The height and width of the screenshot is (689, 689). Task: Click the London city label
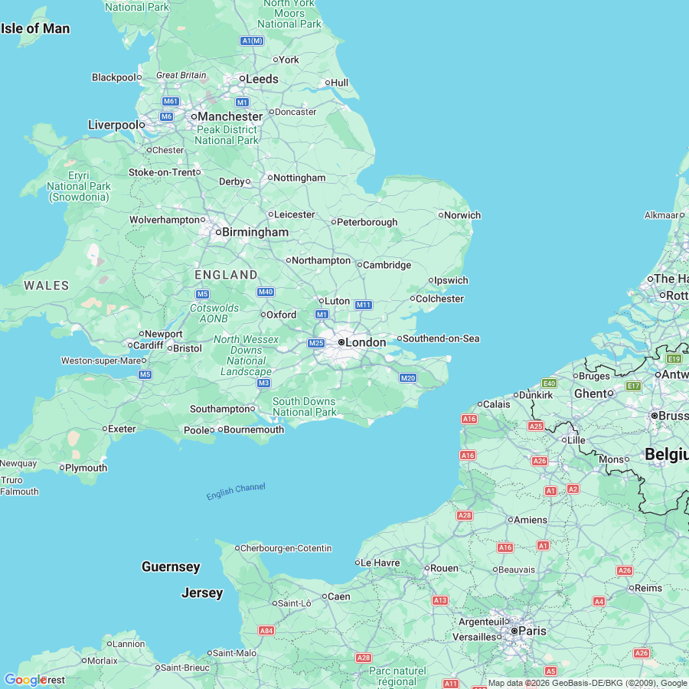pyautogui.click(x=365, y=342)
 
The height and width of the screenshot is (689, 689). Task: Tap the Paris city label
pyautogui.click(x=532, y=631)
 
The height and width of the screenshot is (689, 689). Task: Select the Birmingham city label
pyautogui.click(x=255, y=232)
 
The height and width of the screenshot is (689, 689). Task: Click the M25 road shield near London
pyautogui.click(x=316, y=343)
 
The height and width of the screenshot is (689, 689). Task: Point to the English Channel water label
pyautogui.click(x=236, y=491)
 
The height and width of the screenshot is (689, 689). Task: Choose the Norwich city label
pyautogui.click(x=462, y=215)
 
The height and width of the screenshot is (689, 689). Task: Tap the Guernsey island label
pyautogui.click(x=171, y=567)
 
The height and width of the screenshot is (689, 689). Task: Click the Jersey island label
pyautogui.click(x=202, y=593)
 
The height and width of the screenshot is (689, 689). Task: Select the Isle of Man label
pyautogui.click(x=35, y=29)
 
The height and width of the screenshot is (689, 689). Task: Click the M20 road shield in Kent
pyautogui.click(x=407, y=377)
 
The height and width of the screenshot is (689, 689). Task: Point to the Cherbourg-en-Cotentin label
pyautogui.click(x=286, y=548)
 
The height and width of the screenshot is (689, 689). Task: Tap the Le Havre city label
pyautogui.click(x=380, y=563)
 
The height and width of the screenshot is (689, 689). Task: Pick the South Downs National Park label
pyautogui.click(x=304, y=407)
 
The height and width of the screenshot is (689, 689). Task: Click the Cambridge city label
pyautogui.click(x=387, y=265)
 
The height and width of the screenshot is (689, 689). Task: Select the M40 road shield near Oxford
pyautogui.click(x=266, y=292)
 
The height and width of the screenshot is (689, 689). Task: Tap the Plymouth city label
pyautogui.click(x=86, y=468)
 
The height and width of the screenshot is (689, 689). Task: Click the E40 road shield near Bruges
pyautogui.click(x=549, y=383)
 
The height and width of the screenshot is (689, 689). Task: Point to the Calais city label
pyautogui.click(x=496, y=404)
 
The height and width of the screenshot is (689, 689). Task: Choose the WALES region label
pyautogui.click(x=46, y=286)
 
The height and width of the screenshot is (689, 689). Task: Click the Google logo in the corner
pyautogui.click(x=24, y=680)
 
